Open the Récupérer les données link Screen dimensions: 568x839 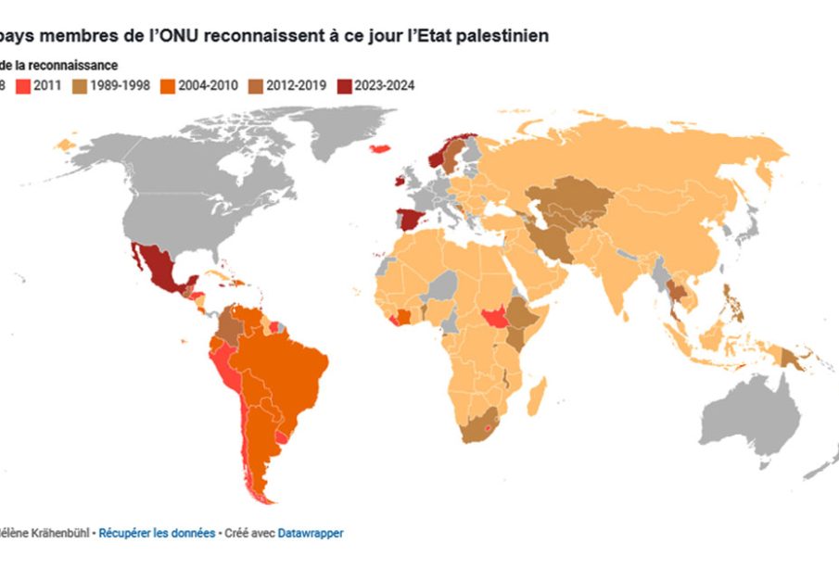coord(157,534)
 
